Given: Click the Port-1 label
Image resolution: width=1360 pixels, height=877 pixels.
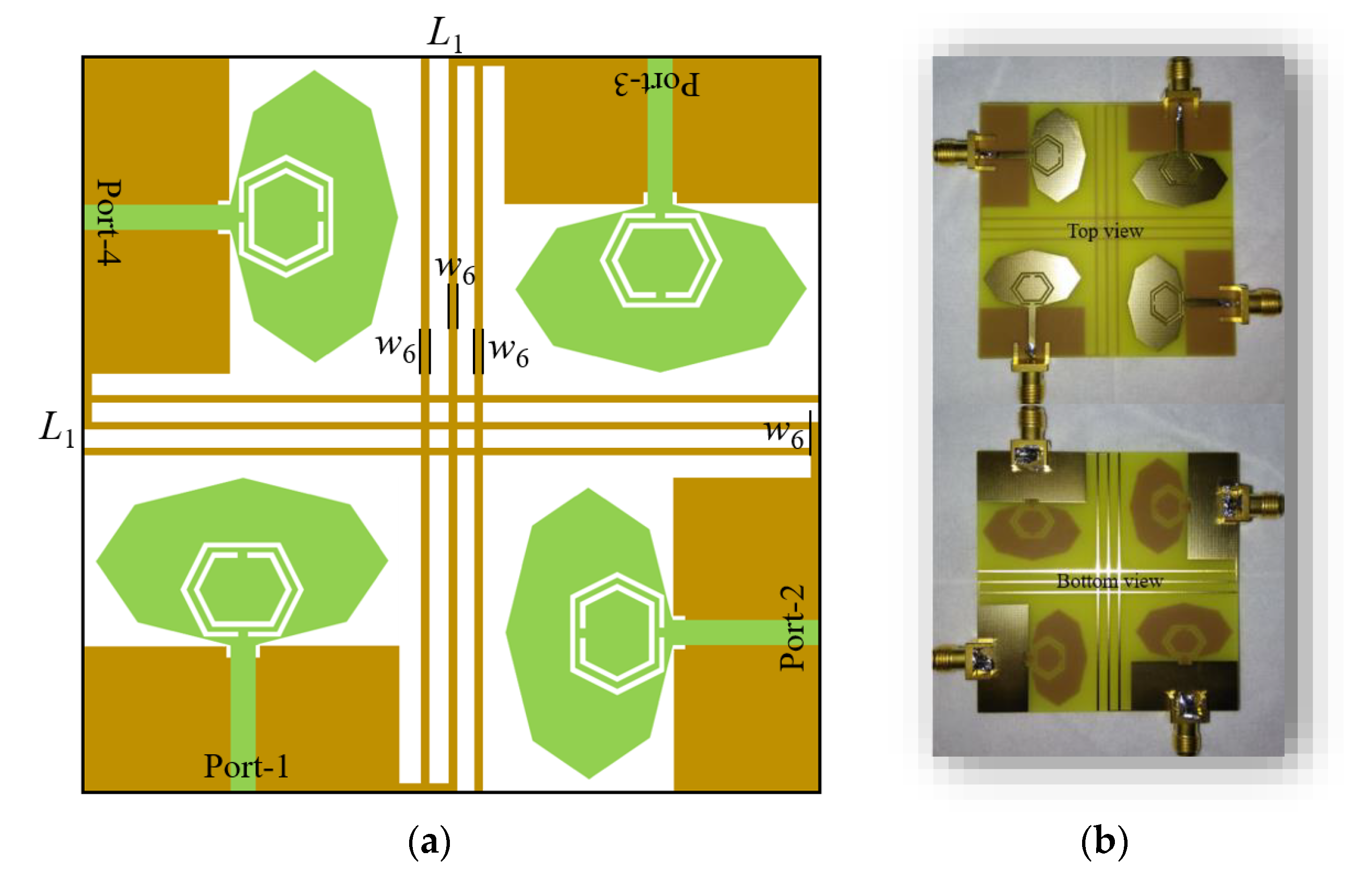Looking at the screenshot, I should [246, 766].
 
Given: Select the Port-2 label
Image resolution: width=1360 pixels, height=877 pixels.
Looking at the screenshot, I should [792, 628].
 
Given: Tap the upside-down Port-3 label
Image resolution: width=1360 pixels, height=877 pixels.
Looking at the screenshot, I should [657, 84].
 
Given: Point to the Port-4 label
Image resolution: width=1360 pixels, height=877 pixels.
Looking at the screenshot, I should [109, 222].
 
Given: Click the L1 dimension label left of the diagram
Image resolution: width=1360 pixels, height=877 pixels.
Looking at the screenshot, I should [56, 429].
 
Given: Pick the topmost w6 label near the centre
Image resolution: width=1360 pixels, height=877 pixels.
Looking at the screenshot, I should [455, 269].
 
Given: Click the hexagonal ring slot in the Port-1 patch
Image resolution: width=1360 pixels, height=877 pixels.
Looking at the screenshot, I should [242, 589].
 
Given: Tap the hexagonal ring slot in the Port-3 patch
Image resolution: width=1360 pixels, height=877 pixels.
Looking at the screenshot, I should [661, 260].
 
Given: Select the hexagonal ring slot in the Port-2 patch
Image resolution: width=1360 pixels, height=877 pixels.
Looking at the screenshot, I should [617, 633].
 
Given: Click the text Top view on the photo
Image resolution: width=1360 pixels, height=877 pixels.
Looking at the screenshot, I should [1105, 231].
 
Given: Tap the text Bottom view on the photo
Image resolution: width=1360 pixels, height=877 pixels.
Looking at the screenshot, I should [1109, 581].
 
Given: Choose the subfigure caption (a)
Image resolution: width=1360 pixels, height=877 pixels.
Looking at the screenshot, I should [429, 842].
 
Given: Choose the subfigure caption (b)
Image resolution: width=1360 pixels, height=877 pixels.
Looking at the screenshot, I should [1104, 842].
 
